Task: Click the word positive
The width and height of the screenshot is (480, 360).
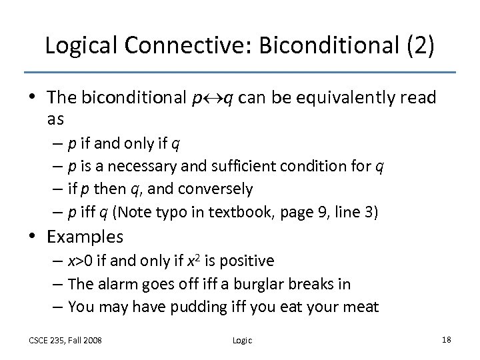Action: tap(244, 261)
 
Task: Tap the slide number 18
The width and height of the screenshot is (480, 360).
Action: tap(446, 340)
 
